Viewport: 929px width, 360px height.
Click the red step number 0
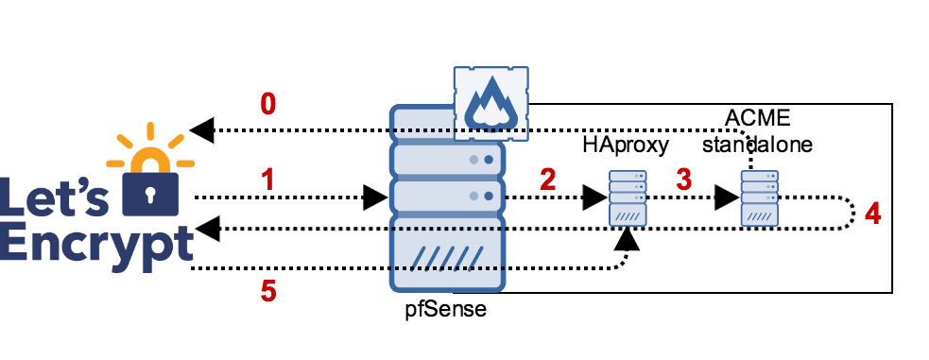[267, 104]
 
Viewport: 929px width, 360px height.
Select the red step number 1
[267, 179]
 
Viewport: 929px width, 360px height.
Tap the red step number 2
[547, 180]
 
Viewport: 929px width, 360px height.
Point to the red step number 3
[683, 180]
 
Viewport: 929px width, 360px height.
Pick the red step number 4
[872, 214]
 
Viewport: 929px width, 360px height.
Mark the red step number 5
[268, 292]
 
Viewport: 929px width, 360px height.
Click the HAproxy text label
[626, 145]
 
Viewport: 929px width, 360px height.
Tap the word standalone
[757, 145]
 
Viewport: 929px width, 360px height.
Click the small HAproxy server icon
[627, 198]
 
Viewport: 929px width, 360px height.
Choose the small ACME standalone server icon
[759, 198]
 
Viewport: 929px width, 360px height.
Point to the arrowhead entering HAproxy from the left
[594, 197]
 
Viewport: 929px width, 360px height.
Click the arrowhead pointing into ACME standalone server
[727, 197]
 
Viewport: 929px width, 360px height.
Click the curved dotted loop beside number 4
[852, 214]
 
